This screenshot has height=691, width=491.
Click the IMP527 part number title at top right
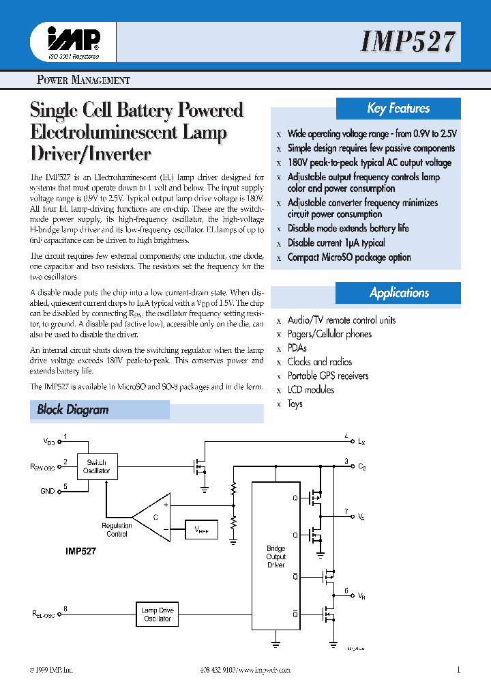click(x=407, y=42)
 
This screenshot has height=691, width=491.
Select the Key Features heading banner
click(x=398, y=109)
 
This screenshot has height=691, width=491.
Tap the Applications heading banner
click(x=399, y=293)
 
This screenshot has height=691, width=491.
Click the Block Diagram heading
click(x=73, y=410)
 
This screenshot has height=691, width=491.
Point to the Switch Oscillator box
click(x=96, y=467)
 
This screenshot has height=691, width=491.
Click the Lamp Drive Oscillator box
click(x=158, y=615)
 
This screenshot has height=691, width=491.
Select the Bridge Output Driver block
click(x=276, y=556)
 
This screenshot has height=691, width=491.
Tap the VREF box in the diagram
click(x=201, y=529)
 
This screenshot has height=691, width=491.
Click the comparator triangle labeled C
click(x=154, y=517)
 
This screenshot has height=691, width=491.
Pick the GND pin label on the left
click(x=48, y=490)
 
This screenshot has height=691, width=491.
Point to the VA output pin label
click(x=361, y=518)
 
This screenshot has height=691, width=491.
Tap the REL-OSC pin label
click(x=42, y=615)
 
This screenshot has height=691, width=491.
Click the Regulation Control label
click(x=117, y=530)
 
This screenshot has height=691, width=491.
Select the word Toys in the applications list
click(x=295, y=404)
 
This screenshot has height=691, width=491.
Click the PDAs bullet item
click(x=297, y=348)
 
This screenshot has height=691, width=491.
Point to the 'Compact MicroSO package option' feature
click(x=349, y=257)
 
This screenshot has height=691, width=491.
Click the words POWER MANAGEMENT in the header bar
click(x=83, y=80)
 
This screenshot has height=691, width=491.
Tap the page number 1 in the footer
click(x=459, y=670)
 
